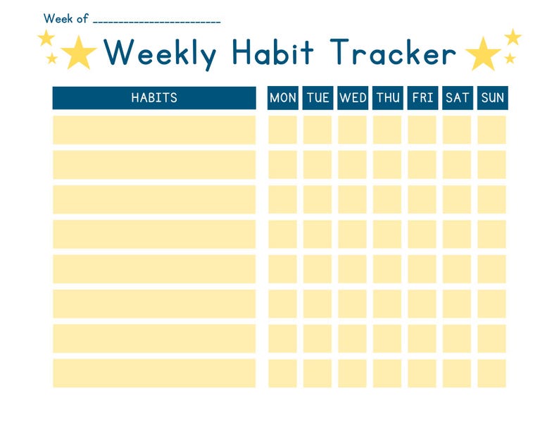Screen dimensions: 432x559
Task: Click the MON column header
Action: coord(283,98)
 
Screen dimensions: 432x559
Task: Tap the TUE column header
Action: coord(318,98)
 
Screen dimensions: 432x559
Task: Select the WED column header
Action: coord(353,98)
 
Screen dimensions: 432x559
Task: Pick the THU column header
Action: coord(387,98)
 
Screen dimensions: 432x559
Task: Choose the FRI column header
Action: coord(422,98)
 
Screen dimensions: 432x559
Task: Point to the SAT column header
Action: coord(457,98)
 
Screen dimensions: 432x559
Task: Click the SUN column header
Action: coord(492,98)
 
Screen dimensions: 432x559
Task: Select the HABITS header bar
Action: coord(154,98)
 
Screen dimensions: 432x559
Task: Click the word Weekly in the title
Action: coord(160,53)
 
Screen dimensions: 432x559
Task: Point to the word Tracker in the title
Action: coord(393,53)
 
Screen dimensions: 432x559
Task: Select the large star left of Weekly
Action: coord(78,53)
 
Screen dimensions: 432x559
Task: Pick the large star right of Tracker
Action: coord(483,54)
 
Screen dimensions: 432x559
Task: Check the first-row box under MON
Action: coord(283,130)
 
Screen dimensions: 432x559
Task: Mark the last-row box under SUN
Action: coord(492,374)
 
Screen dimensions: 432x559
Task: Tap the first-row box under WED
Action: coord(353,130)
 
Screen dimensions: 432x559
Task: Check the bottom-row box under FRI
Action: coord(422,374)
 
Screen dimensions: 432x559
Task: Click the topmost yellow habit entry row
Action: coord(154,130)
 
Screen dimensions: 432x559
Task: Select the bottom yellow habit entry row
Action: coord(154,374)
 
